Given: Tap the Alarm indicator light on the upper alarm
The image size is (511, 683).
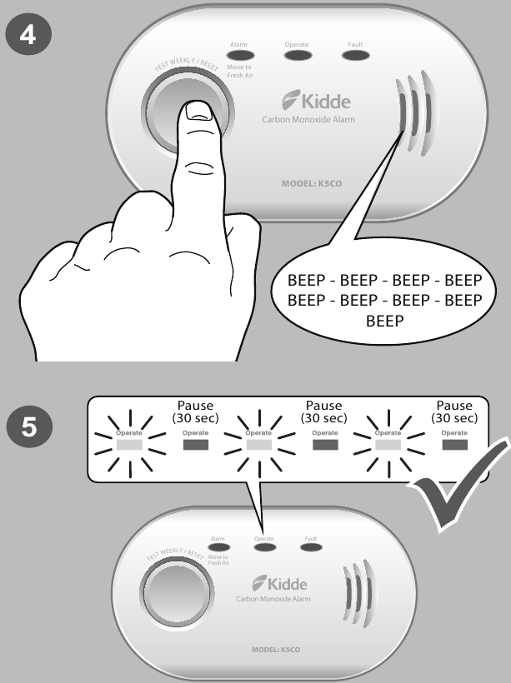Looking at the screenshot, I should (240, 56).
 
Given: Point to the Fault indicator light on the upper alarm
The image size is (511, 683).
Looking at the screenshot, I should (355, 56).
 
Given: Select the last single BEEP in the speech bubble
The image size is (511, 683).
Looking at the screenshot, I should (384, 317).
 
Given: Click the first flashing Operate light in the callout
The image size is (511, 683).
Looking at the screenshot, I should (128, 445).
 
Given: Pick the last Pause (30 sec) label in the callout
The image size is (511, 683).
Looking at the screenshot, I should (453, 411).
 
